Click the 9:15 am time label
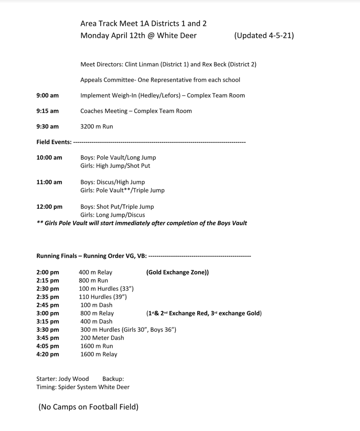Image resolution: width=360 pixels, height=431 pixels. (47, 111)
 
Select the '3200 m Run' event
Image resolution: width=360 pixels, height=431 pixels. (97, 127)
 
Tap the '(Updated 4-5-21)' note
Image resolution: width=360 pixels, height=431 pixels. (264, 36)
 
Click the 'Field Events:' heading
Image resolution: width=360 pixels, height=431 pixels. (54, 142)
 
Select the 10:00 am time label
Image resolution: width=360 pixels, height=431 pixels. (49, 158)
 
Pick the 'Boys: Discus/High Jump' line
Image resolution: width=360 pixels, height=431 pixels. (113, 182)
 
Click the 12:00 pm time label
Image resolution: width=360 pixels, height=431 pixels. (49, 207)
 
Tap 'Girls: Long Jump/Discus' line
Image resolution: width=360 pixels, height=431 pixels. (113, 215)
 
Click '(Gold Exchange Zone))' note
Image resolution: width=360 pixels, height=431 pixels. (177, 273)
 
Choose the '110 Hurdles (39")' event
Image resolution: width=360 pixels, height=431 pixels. (103, 297)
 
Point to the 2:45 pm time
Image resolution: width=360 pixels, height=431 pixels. (47, 305)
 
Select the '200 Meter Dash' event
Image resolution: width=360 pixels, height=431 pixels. (102, 338)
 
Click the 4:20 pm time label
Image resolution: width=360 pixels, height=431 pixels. (47, 354)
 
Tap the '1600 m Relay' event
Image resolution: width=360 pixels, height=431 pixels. (99, 354)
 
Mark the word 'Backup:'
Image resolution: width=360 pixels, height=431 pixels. (113, 379)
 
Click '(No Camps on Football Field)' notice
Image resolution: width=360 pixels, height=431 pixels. (88, 407)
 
